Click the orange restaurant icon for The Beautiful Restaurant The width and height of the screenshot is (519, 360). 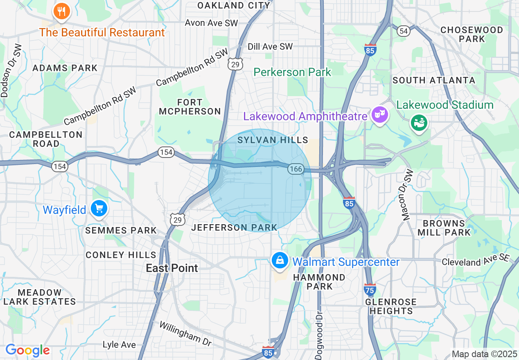click(x=62, y=11)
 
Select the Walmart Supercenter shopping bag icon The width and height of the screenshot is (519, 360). click(x=280, y=260)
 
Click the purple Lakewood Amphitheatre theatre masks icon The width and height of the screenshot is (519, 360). click(x=379, y=115)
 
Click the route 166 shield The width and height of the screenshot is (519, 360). click(x=295, y=169)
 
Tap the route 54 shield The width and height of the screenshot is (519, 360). click(x=404, y=31)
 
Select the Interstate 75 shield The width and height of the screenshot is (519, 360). click(x=370, y=290)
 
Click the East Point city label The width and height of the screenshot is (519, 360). click(x=172, y=268)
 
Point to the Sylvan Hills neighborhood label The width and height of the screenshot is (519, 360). click(x=273, y=140)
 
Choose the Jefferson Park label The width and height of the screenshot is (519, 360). click(x=235, y=227)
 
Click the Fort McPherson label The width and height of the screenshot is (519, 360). click(x=190, y=107)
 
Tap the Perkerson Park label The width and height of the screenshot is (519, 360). click(x=292, y=72)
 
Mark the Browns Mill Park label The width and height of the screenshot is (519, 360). click(x=444, y=228)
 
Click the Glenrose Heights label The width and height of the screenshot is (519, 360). click(x=391, y=306)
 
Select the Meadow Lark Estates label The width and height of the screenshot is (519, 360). click(x=40, y=297)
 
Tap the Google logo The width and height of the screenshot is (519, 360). click(x=27, y=350)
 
